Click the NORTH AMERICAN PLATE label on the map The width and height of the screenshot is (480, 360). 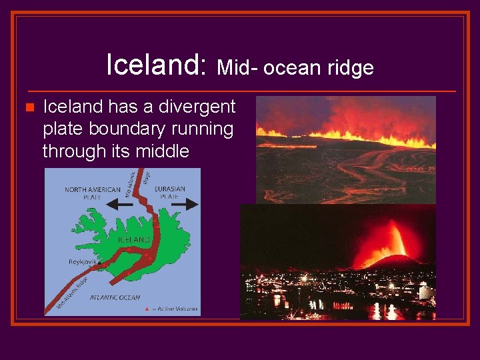(93, 193)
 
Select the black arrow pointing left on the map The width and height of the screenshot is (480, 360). (121, 206)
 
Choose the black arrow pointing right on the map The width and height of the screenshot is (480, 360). (185, 205)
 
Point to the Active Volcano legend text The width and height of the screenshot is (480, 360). (175, 309)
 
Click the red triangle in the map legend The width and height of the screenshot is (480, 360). (147, 309)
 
